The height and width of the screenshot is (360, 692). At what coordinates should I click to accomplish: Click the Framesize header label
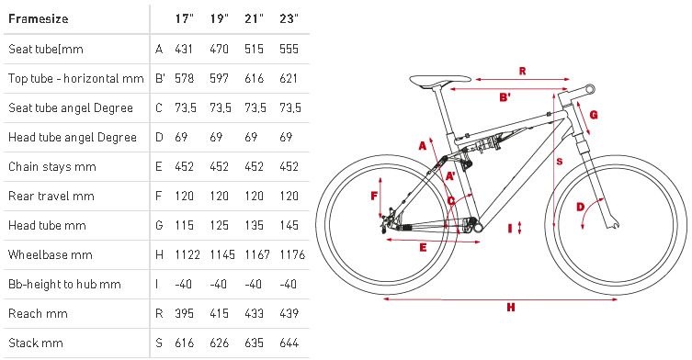pos(39,19)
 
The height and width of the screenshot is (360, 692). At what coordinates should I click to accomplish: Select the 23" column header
pos(289,18)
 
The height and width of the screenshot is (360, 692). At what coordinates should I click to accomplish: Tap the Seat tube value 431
pos(184,49)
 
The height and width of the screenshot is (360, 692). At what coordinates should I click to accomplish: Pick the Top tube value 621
pos(289,78)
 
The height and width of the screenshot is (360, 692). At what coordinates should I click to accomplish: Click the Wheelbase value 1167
pos(257,254)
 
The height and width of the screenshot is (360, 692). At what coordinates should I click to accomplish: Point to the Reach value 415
pos(219,313)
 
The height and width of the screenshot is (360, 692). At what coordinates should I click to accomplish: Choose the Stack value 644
pos(289,343)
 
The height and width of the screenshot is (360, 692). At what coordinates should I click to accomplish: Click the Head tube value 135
pos(254,225)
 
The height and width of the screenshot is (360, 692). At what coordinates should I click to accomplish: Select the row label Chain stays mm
pos(52,167)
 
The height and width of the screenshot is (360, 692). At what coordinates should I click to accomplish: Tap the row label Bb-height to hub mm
pos(64,284)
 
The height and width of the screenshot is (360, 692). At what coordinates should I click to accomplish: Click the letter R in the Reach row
pos(159,313)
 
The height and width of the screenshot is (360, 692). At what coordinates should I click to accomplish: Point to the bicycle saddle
pos(440,81)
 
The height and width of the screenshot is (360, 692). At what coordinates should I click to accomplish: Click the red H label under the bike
pos(511,307)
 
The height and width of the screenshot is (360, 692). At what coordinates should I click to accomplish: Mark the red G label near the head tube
pos(594,115)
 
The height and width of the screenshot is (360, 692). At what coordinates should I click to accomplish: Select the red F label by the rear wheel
pos(374,196)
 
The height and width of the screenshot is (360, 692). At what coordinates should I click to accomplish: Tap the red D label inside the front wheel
pos(581,207)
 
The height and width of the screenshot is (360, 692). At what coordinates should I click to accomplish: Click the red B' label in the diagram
pos(505,97)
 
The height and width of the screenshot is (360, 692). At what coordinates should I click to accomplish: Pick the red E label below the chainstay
pos(423,248)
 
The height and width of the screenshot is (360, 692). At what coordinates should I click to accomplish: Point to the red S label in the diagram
pos(560,162)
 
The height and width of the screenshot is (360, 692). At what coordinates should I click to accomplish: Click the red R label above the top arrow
pos(522,71)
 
